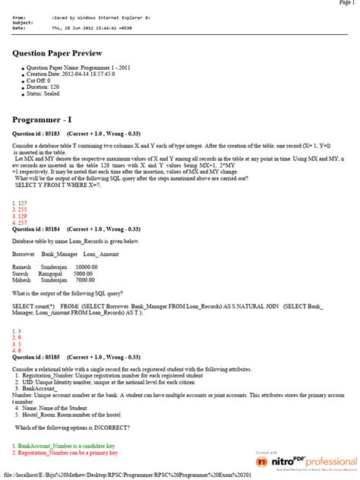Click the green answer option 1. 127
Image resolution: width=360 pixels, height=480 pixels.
tap(20, 204)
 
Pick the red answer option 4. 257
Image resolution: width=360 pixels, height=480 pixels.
tap(20, 222)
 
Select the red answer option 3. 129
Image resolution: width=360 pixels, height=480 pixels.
tap(20, 216)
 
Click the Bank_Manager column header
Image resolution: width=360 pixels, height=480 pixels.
tap(60, 253)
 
